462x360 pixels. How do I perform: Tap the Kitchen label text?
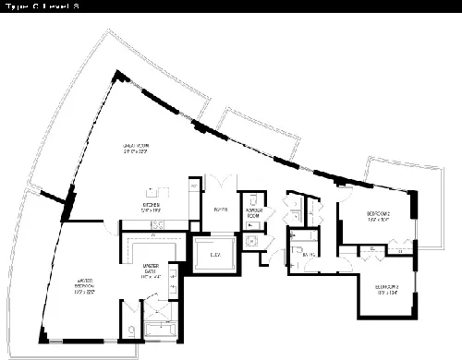click(152, 208)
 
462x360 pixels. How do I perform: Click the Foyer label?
click(220, 210)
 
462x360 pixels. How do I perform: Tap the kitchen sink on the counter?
click(158, 224)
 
